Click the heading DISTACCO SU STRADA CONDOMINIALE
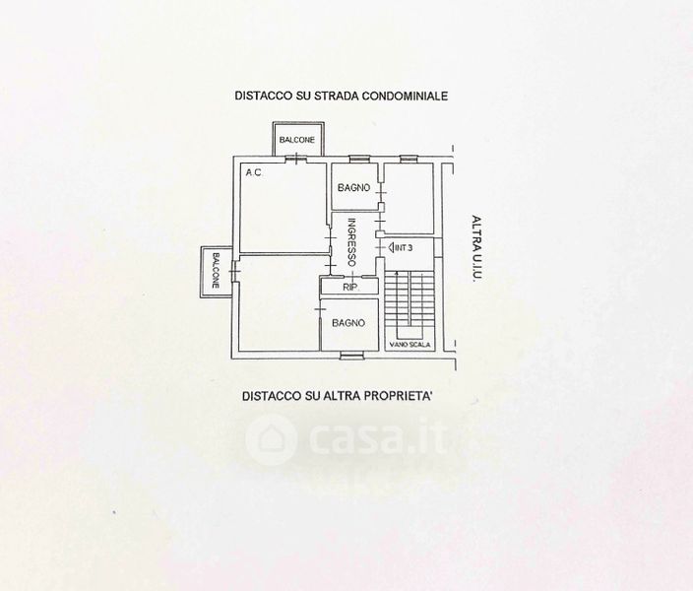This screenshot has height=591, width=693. [341, 97]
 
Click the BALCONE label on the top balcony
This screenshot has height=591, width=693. [296, 141]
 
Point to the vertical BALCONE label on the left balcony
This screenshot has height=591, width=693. [214, 270]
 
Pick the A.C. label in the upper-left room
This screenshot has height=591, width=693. [253, 172]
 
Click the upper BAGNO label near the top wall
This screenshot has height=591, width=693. [352, 187]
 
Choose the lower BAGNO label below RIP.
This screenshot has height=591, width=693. [348, 322]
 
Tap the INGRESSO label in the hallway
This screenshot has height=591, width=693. [350, 241]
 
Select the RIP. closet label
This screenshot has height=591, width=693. [349, 287]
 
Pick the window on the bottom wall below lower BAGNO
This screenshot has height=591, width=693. [348, 353]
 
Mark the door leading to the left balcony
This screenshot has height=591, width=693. [232, 270]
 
